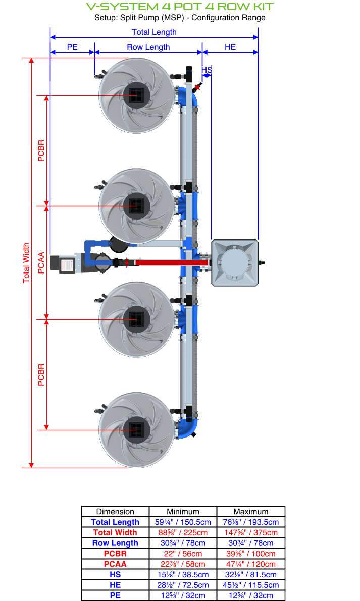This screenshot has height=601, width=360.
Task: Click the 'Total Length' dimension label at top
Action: pyautogui.click(x=154, y=32)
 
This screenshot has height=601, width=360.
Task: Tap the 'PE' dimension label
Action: pyautogui.click(x=72, y=47)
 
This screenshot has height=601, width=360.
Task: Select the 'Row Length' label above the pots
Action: pyautogui.click(x=148, y=47)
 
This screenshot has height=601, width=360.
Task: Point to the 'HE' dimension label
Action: pyautogui.click(x=230, y=47)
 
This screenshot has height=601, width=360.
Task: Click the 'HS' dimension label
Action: pyautogui.click(x=207, y=69)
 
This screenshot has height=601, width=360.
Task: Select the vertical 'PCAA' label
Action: pyautogui.click(x=41, y=262)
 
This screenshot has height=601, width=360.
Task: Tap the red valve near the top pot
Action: pyautogui.click(x=197, y=87)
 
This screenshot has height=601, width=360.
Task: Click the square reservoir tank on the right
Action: pyautogui.click(x=235, y=262)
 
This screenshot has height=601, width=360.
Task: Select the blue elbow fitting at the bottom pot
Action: pyautogui.click(x=189, y=427)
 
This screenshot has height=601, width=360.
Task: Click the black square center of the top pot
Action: pyautogui.click(x=136, y=95)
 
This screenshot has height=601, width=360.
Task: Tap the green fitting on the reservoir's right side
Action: pyautogui.click(x=262, y=263)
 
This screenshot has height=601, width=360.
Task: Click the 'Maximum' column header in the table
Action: pyautogui.click(x=251, y=511)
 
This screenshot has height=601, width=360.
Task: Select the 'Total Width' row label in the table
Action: pyautogui.click(x=115, y=532)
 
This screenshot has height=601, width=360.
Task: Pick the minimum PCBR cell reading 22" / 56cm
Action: pyautogui.click(x=183, y=554)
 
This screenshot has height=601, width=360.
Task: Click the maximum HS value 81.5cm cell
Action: pyautogui.click(x=251, y=574)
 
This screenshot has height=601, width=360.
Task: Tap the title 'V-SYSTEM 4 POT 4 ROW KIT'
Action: pyautogui.click(x=180, y=7)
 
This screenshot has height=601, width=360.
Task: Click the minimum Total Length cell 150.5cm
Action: pyautogui.click(x=183, y=522)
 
